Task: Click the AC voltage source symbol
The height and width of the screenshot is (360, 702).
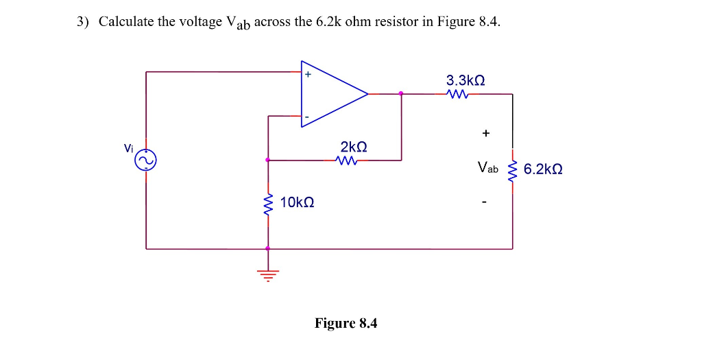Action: click(146, 161)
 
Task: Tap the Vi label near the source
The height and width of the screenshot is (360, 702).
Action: click(128, 147)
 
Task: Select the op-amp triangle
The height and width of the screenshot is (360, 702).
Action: click(332, 94)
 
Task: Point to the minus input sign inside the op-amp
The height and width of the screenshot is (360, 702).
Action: click(307, 118)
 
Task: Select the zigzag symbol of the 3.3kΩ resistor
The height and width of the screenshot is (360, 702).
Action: click(457, 95)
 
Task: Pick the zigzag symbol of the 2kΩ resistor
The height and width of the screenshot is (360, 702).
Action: click(347, 161)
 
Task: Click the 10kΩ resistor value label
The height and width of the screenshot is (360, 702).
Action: click(297, 202)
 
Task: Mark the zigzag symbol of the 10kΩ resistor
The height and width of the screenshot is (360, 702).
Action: click(267, 203)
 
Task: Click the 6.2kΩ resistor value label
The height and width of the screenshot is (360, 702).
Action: click(543, 169)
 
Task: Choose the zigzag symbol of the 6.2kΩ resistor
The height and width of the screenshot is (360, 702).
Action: click(512, 169)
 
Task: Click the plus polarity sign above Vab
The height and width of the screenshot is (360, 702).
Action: click(485, 133)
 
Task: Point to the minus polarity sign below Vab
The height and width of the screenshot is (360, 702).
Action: click(485, 202)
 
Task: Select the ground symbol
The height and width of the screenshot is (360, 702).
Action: click(267, 276)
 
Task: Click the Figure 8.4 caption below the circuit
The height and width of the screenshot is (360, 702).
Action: click(346, 323)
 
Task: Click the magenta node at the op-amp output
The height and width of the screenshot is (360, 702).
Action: click(401, 94)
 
